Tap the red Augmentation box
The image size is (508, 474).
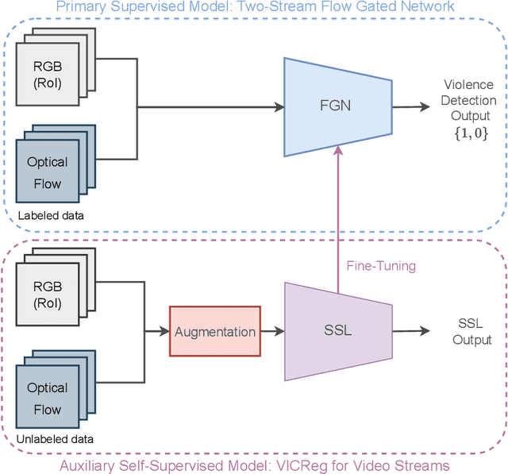214,331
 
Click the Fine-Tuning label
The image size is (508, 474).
381,266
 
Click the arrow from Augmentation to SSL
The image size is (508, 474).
271,331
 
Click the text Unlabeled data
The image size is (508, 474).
53,439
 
